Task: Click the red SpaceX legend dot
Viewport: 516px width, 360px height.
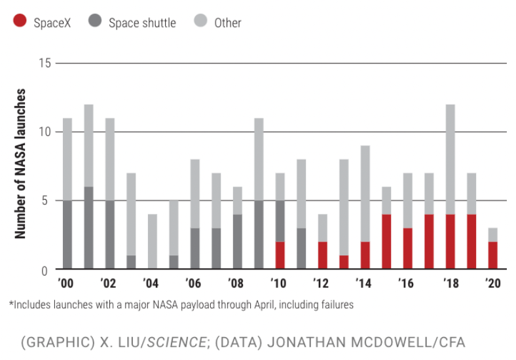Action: [x=20, y=22]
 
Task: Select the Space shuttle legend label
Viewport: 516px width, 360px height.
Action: [x=142, y=23]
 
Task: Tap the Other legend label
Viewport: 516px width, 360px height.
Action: [x=228, y=23]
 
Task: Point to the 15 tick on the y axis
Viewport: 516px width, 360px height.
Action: [x=45, y=63]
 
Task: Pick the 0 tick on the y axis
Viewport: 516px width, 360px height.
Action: [x=45, y=270]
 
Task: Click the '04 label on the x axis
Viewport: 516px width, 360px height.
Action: [x=151, y=284]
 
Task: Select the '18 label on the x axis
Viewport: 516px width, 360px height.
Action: [x=450, y=284]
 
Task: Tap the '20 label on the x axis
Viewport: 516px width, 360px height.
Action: [x=492, y=284]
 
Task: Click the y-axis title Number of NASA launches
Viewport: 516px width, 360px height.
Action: [x=20, y=164]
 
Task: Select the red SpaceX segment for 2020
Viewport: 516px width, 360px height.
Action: [x=492, y=255]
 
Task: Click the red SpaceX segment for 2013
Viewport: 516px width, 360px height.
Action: [x=343, y=262]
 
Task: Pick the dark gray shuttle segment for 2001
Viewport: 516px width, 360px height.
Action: [x=88, y=228]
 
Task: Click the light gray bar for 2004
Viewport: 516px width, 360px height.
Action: [x=152, y=242]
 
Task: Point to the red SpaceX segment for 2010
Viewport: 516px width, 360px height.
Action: [x=280, y=255]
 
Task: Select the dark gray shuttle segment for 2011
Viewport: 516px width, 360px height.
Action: [x=301, y=248]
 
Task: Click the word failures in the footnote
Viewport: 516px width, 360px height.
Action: [x=336, y=304]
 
